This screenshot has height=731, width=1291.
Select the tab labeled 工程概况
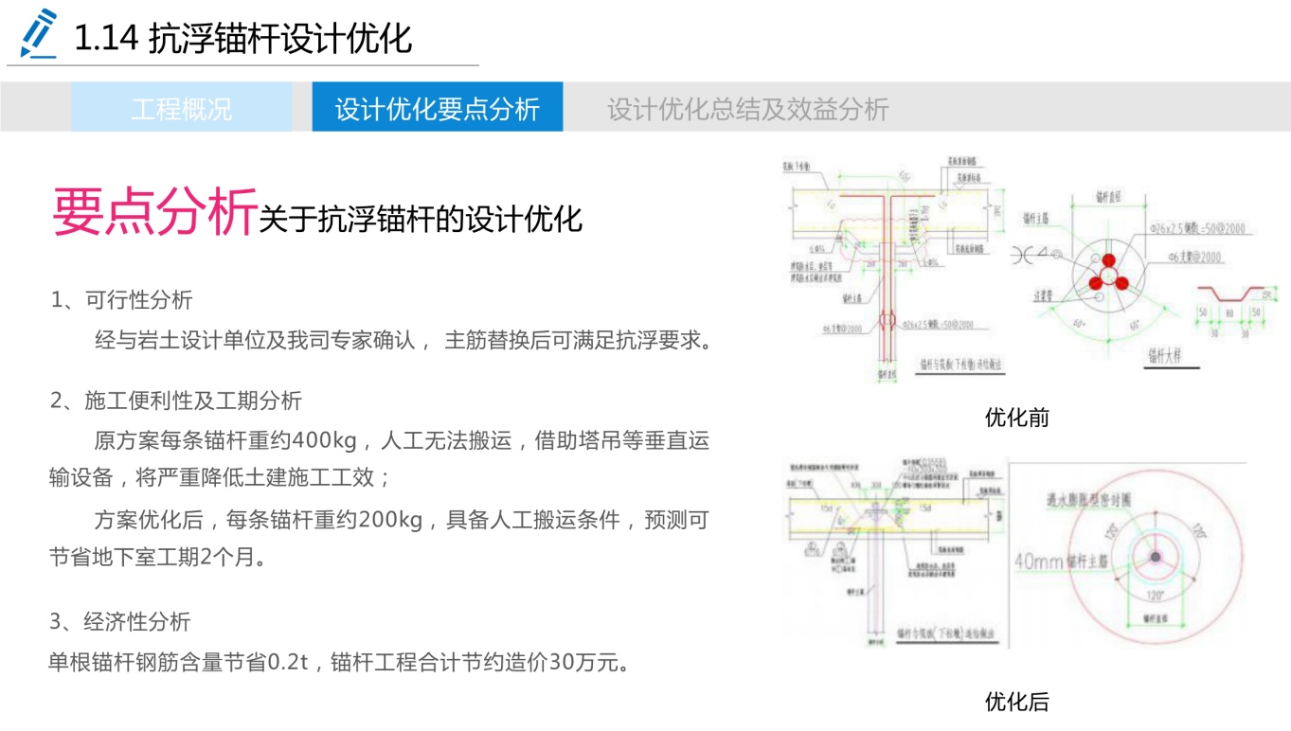point(181,108)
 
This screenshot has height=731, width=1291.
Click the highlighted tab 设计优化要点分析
point(437,108)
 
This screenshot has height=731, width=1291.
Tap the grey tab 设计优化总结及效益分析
point(747,108)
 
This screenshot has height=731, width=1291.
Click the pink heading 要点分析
point(154,211)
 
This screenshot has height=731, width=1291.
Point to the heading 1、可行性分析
point(121,300)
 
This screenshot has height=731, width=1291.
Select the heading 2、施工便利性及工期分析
point(176,401)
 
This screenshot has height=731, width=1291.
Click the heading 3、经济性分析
point(120,621)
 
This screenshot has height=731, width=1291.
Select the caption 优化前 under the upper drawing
point(1016,418)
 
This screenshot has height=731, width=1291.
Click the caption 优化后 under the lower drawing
point(1016,702)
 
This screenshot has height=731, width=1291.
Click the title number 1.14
point(107,40)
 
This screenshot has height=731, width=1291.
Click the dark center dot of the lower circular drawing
point(1156,557)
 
